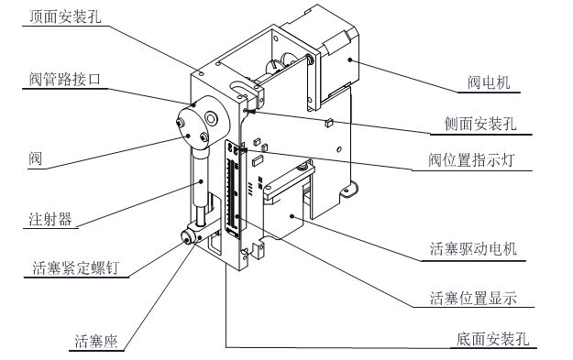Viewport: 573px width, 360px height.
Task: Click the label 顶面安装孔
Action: pyautogui.click(x=65, y=16)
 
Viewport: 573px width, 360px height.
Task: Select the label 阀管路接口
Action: pyautogui.click(x=65, y=79)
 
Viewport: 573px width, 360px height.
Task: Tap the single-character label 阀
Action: pyautogui.click(x=36, y=158)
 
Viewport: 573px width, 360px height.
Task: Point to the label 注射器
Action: pyautogui.click(x=50, y=219)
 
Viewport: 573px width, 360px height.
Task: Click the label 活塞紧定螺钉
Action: pyautogui.click(x=76, y=267)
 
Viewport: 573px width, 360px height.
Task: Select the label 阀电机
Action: pyautogui.click(x=489, y=82)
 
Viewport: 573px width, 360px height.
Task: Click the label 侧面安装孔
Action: pyautogui.click(x=480, y=125)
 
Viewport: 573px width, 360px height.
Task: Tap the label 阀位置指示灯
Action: pyautogui.click(x=472, y=160)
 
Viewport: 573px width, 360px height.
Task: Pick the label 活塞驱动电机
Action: pyautogui.click(x=473, y=249)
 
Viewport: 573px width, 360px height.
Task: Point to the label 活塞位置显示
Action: pyautogui.click(x=473, y=298)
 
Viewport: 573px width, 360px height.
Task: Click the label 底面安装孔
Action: pyautogui.click(x=493, y=339)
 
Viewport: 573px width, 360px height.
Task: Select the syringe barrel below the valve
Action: pyautogui.click(x=200, y=180)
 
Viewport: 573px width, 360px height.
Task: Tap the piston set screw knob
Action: pyautogui.click(x=188, y=237)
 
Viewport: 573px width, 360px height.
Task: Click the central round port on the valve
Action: pyautogui.click(x=211, y=117)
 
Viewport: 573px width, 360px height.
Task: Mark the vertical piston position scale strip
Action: pyautogui.click(x=233, y=190)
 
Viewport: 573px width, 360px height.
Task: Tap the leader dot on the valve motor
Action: pyautogui.click(x=349, y=60)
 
